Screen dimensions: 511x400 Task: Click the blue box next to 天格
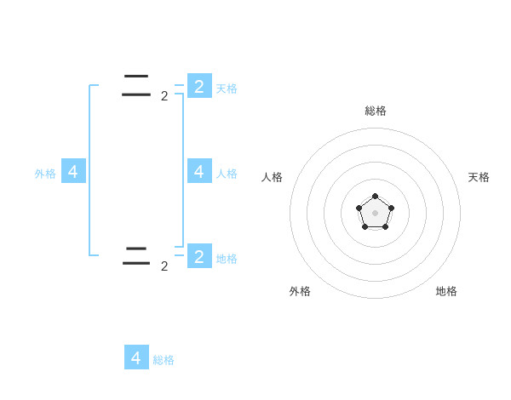[x=198, y=86]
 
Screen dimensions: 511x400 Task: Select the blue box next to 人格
[x=198, y=171]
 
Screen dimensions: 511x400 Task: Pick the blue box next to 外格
[x=73, y=171]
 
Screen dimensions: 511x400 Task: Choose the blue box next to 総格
[x=136, y=357]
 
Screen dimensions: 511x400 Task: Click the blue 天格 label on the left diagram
[x=227, y=88]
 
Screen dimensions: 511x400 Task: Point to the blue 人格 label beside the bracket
[x=227, y=173]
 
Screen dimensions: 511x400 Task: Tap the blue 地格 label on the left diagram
[x=227, y=258]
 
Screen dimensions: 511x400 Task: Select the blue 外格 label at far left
[x=45, y=174]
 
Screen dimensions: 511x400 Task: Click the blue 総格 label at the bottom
[x=164, y=360]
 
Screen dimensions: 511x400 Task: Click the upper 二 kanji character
[x=136, y=85]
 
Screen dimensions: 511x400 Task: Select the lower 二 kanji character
[x=136, y=255]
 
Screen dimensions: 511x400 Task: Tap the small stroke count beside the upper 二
[x=164, y=96]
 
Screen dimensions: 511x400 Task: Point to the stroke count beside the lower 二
[x=164, y=266]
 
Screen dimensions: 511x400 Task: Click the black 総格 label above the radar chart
[x=376, y=111]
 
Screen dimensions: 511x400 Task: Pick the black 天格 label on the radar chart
[x=479, y=177]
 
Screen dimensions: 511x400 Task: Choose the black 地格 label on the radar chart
[x=446, y=291]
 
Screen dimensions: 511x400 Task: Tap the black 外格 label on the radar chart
[x=300, y=291]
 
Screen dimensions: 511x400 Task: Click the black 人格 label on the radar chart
[x=272, y=177]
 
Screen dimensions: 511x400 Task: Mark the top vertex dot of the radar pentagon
[x=375, y=197]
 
